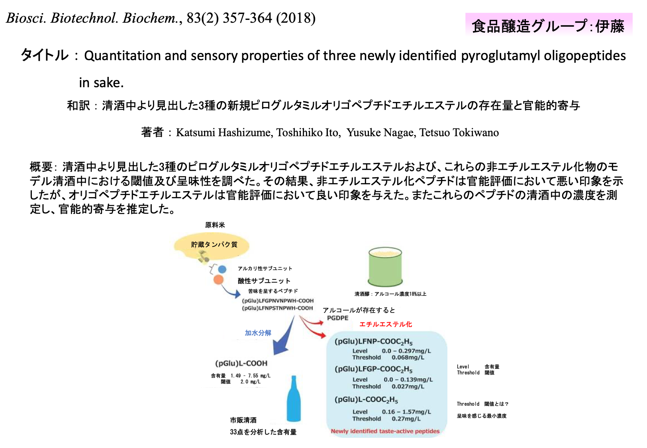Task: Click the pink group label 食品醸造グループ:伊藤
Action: pyautogui.click(x=548, y=26)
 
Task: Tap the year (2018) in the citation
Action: pyautogui.click(x=296, y=18)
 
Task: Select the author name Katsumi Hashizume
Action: pyautogui.click(x=224, y=132)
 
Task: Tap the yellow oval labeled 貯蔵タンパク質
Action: pyautogui.click(x=212, y=245)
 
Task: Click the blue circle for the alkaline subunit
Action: pyautogui.click(x=222, y=269)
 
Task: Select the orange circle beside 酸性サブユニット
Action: pyautogui.click(x=218, y=280)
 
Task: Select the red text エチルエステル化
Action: pyautogui.click(x=386, y=324)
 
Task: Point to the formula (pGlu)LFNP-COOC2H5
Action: pyautogui.click(x=373, y=342)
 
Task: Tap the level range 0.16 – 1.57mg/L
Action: pyautogui.click(x=406, y=412)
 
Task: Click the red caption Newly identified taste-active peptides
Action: pyautogui.click(x=385, y=431)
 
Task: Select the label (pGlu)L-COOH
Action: pyautogui.click(x=241, y=363)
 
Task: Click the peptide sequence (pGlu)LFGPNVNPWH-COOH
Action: pyautogui.click(x=278, y=301)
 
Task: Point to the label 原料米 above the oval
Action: pyautogui.click(x=215, y=225)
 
